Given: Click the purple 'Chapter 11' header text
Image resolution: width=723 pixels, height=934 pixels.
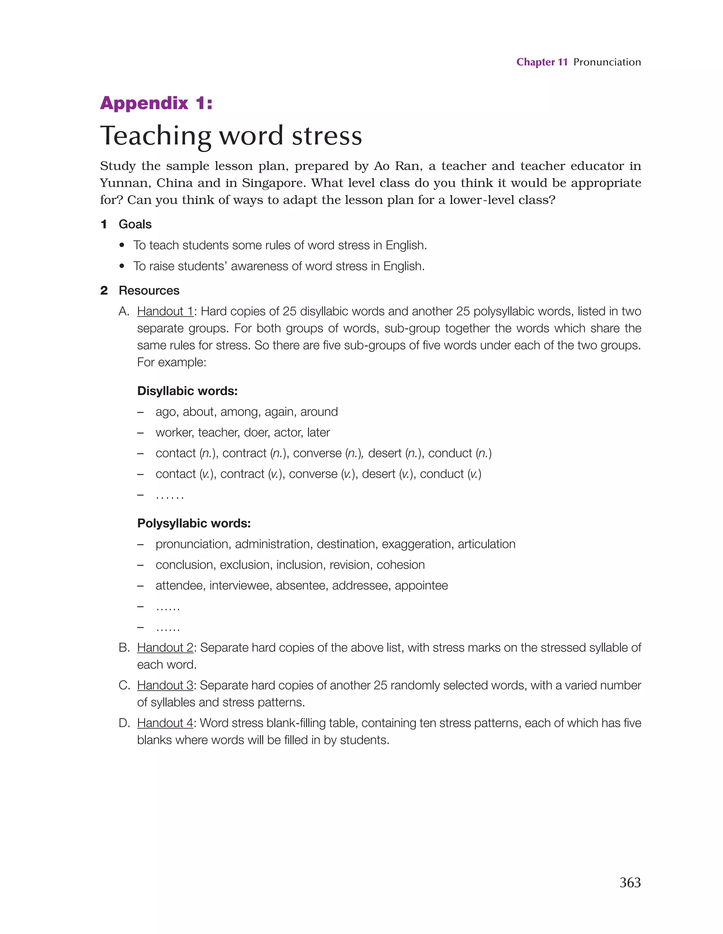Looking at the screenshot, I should tap(542, 62).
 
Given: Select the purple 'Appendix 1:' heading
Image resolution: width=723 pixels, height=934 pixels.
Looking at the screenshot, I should tap(156, 103).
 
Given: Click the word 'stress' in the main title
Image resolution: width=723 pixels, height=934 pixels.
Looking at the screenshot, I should tap(327, 136).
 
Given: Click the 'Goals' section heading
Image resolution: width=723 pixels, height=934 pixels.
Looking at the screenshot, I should tap(135, 224).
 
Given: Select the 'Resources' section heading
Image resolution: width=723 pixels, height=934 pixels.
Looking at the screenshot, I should tap(149, 291).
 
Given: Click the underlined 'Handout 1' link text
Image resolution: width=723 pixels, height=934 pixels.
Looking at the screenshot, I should tap(165, 311).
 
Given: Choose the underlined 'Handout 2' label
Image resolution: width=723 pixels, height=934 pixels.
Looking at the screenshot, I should tap(165, 647).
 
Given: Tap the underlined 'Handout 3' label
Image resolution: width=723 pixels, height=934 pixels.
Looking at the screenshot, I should tap(165, 685).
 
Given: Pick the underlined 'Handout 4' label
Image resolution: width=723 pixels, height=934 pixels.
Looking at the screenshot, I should tap(165, 723).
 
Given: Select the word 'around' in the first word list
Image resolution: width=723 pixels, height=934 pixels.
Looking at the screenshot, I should tap(319, 412).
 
